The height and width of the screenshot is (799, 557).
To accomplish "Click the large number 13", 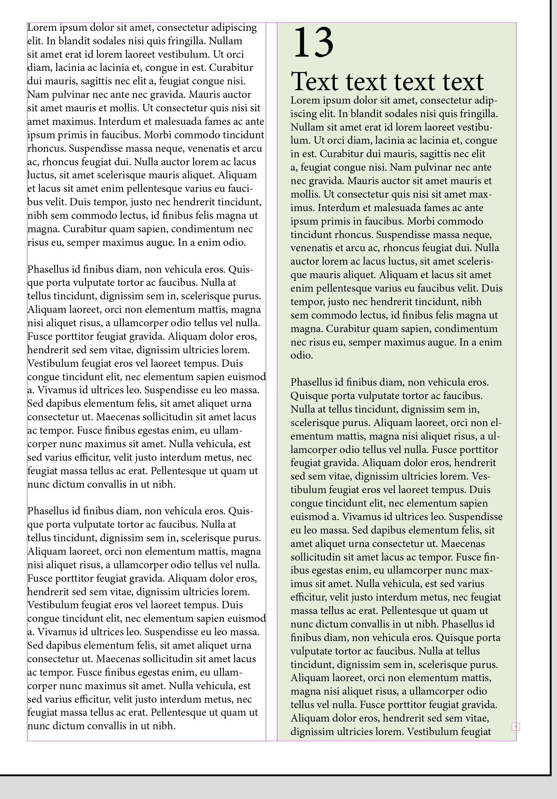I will [313, 42].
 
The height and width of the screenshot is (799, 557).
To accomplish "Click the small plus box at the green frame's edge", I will [516, 727].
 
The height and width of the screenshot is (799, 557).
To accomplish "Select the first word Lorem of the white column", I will [42, 28].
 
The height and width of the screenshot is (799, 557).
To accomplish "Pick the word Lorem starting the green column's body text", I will [306, 101].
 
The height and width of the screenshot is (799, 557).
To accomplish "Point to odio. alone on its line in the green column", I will [301, 355].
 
